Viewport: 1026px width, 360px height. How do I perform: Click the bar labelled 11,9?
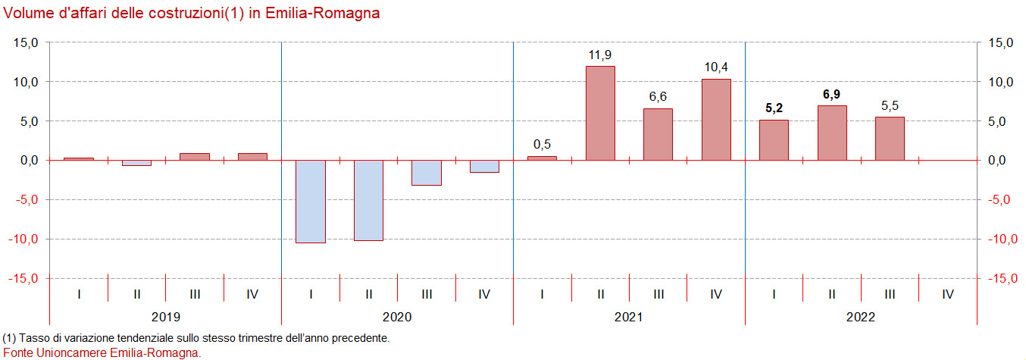pos(600,114)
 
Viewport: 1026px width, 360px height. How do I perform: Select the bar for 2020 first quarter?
pos(311,202)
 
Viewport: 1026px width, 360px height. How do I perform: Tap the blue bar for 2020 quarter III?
pos(427,173)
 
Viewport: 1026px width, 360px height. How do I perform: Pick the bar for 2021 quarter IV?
pos(716,120)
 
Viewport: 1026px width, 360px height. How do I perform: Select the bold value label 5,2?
pos(774,108)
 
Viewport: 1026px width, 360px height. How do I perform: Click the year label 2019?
pos(166,317)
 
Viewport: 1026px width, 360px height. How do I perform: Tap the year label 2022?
pos(861,317)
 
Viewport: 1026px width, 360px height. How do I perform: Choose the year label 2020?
pos(398,317)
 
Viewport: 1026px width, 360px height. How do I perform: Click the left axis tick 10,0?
pos(26,82)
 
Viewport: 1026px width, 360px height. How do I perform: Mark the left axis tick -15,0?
pos(24,279)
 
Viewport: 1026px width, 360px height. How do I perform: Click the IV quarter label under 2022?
pos(947,294)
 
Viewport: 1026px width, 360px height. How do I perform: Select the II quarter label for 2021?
pos(600,294)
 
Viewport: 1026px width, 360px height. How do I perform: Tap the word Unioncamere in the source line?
pos(79,352)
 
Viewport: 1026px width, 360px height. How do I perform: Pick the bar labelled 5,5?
pos(890,139)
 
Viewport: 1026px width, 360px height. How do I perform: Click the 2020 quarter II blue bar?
pos(368,200)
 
